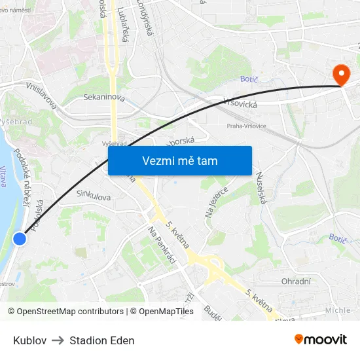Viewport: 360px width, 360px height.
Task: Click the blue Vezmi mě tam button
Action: click(179, 160)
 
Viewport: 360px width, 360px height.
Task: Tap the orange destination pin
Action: click(340, 76)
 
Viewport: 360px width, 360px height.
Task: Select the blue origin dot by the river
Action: click(20, 240)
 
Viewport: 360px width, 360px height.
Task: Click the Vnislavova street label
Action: click(41, 96)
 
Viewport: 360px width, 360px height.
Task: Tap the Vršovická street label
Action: click(240, 102)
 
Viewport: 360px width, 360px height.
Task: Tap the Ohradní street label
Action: click(296, 282)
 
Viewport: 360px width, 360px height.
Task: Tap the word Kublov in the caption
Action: click(29, 340)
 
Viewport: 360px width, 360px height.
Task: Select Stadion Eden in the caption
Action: click(102, 340)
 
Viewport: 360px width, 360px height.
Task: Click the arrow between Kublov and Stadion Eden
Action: click(58, 340)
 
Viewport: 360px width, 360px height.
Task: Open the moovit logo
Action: click(321, 339)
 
